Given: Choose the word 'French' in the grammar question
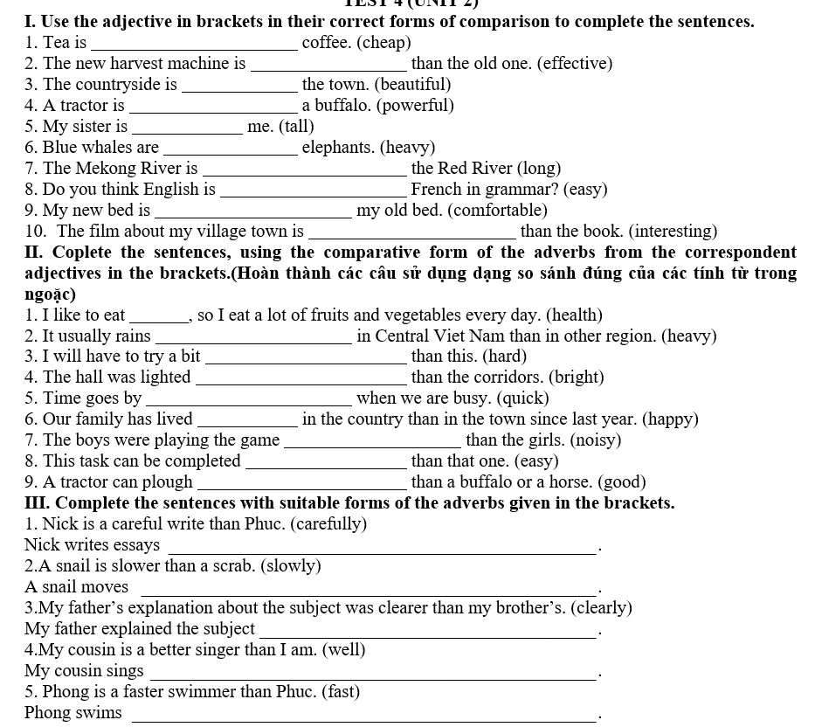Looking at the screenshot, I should [x=436, y=190].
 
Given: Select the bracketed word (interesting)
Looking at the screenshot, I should [x=672, y=232].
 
